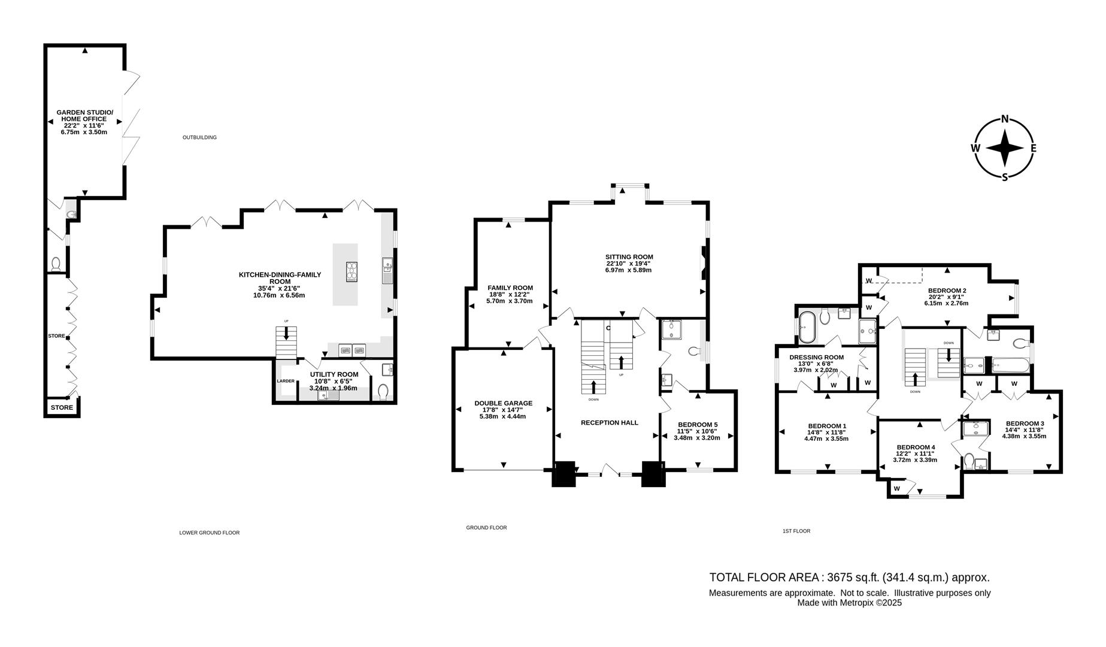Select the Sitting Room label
coord(629,257)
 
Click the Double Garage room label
coord(503,403)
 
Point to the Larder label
coord(286,381)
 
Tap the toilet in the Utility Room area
coord(383,392)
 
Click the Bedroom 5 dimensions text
coord(697,434)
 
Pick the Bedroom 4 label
coord(916,448)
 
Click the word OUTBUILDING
coord(199,138)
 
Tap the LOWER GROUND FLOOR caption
coord(210,533)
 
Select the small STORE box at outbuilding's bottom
coord(62,408)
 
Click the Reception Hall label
coord(609,422)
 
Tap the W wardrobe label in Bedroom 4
coord(896,489)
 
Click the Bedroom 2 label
coord(947,291)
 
